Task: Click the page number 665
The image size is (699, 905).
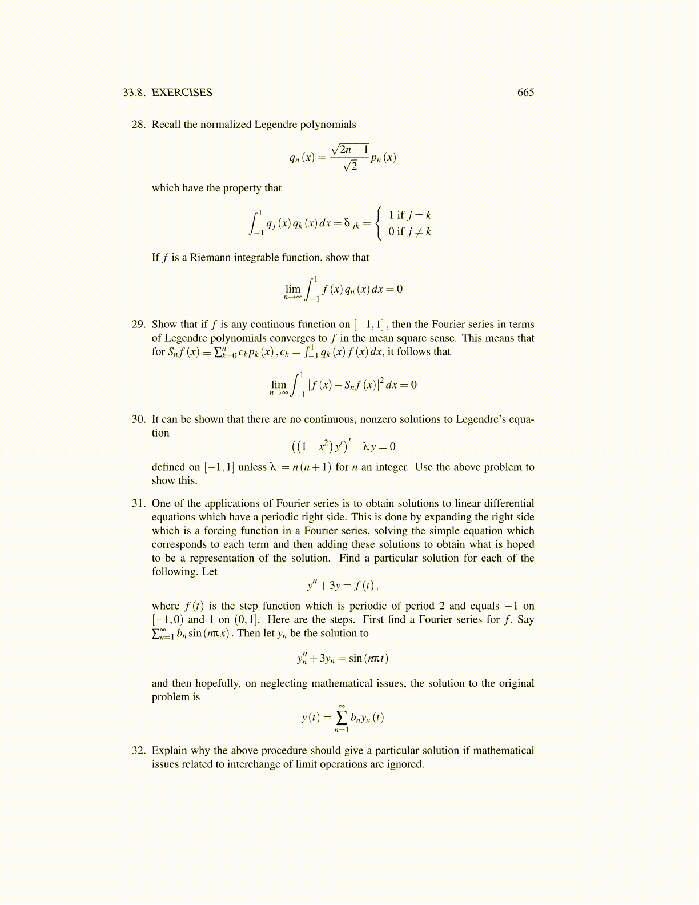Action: point(525,93)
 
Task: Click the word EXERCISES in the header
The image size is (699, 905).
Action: point(182,93)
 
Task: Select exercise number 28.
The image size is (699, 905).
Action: point(139,125)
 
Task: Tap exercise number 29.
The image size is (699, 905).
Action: point(139,324)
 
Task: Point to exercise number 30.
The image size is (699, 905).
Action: point(139,419)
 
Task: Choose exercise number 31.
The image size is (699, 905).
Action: point(139,503)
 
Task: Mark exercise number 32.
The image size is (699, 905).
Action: point(139,750)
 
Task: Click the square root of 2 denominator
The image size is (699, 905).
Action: point(351,166)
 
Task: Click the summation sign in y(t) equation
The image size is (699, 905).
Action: point(342,717)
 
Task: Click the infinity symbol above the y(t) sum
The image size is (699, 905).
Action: point(342,706)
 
